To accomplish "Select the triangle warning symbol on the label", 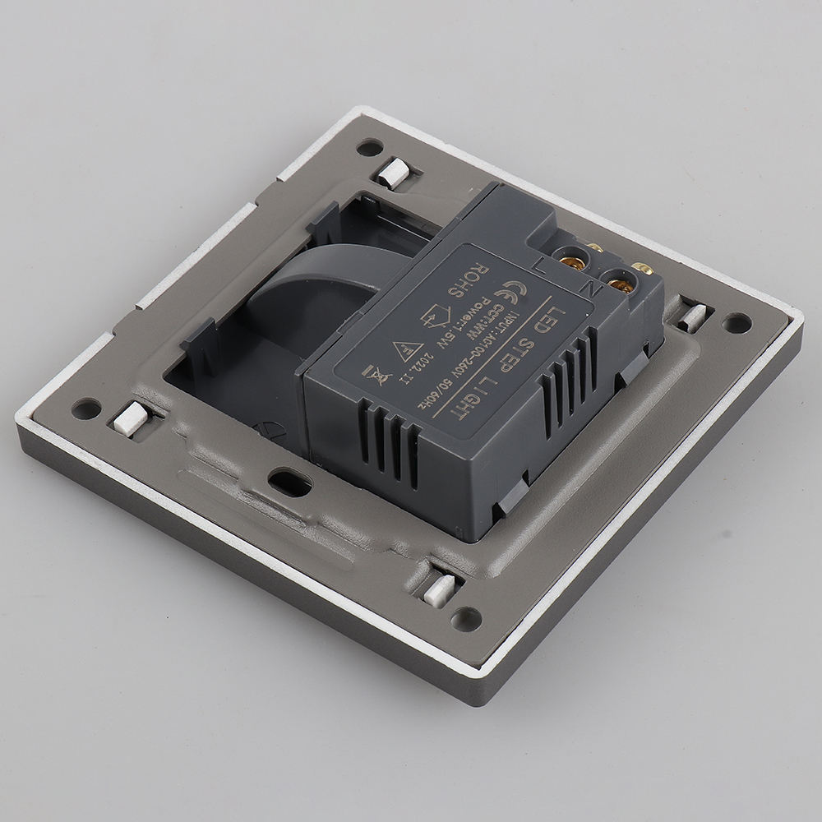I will [405, 352].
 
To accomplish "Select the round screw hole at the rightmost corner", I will [737, 323].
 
